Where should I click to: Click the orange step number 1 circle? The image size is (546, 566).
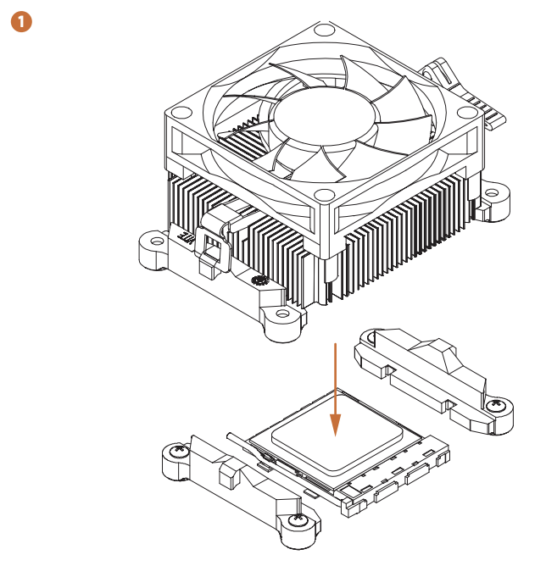click(20, 21)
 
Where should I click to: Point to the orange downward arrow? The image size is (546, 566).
click(337, 390)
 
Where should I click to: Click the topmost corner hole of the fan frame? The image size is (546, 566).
click(320, 31)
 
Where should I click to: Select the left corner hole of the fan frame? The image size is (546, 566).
click(181, 113)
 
